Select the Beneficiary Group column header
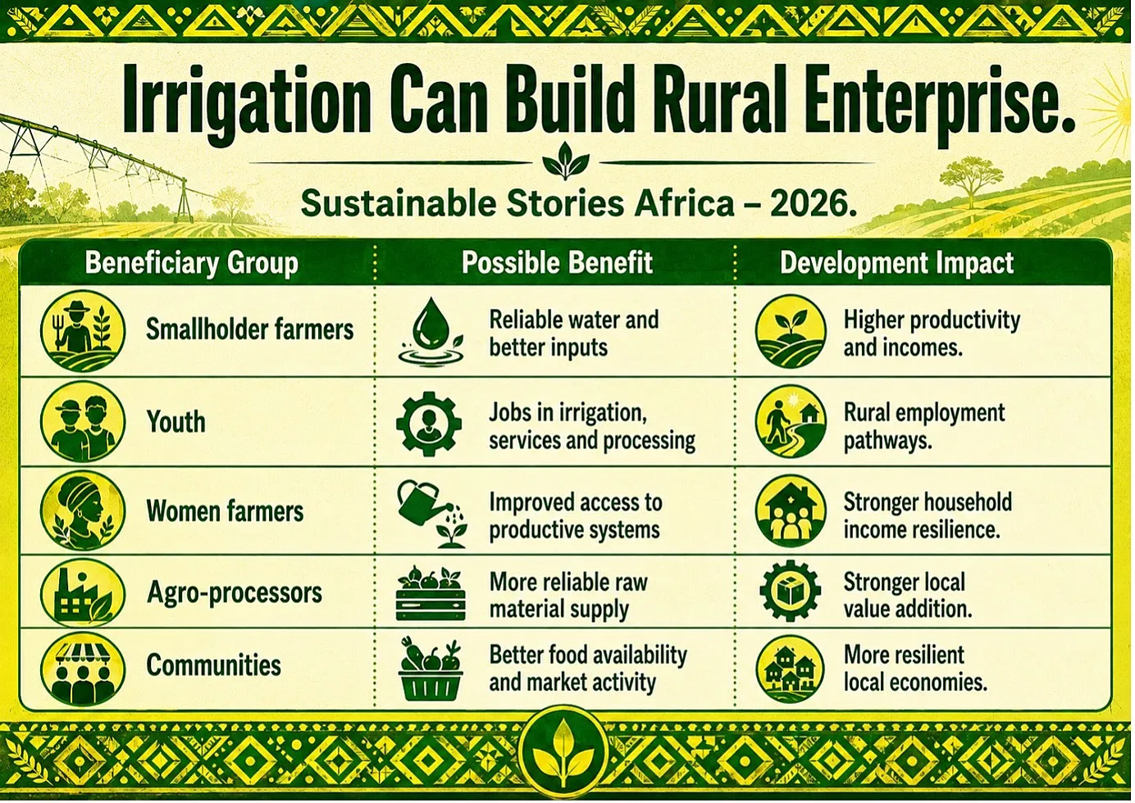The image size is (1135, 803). coord(192,263)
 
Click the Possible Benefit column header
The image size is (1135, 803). coord(557,263)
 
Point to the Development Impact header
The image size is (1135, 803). coord(896,263)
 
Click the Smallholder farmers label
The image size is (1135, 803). coord(250,329)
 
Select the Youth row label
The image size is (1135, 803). coord(175,421)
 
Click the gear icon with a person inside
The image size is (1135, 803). coord(429,424)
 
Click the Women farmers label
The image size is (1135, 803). coord(225,510)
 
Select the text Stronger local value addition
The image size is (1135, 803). coord(908,596)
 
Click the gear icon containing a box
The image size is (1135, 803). coord(790,591)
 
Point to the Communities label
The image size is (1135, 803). coord(213,665)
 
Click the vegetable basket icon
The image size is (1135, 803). coord(431,669)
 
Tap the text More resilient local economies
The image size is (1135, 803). coord(915,669)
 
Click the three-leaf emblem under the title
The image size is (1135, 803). coord(566,161)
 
